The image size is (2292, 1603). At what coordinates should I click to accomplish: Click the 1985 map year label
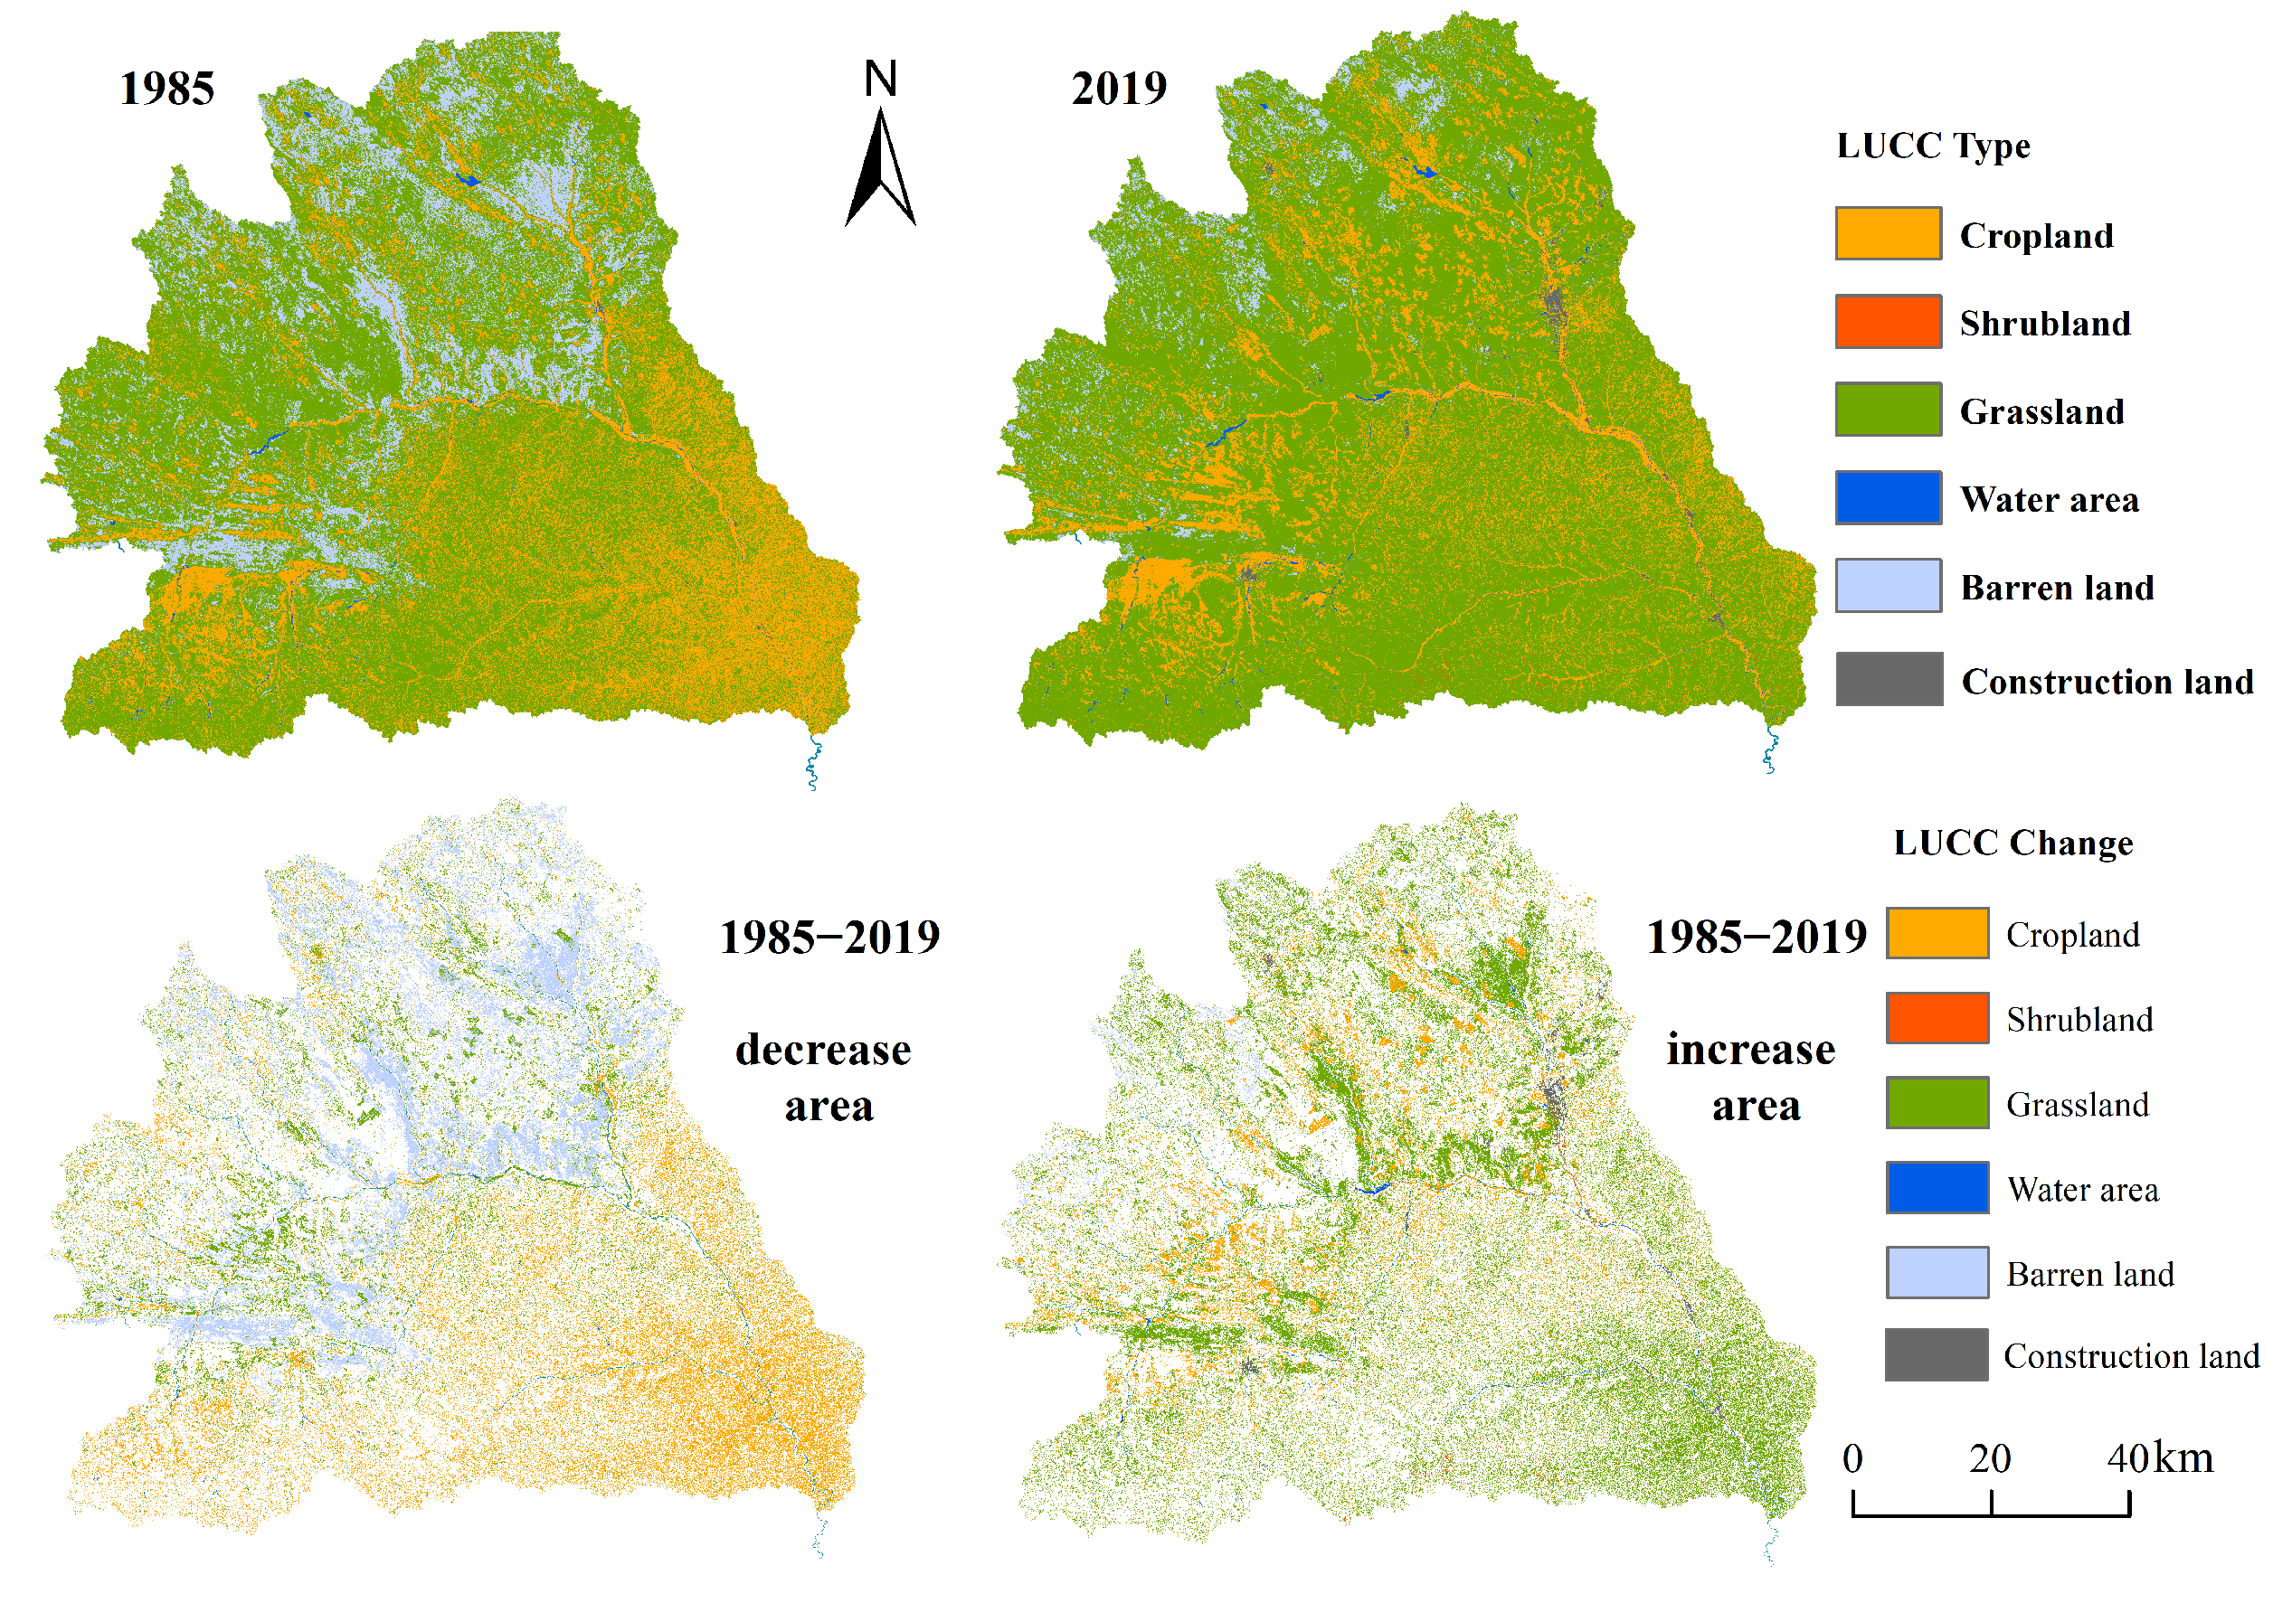(166, 89)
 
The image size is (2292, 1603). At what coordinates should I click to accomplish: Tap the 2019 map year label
(1119, 89)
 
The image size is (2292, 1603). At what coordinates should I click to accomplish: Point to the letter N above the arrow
(880, 79)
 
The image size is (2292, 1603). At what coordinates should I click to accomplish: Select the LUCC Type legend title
(1933, 146)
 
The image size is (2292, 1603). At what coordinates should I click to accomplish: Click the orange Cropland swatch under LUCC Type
(1888, 233)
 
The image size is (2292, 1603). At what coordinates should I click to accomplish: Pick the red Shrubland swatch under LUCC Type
(1888, 321)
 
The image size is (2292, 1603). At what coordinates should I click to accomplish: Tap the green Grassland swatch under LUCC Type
(1888, 410)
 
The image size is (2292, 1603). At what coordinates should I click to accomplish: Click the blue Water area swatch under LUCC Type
(1888, 497)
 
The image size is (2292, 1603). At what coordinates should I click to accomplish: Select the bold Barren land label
(2057, 587)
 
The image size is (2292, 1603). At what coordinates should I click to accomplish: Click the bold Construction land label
(2107, 681)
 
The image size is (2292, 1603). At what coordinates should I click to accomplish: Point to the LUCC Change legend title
(2013, 843)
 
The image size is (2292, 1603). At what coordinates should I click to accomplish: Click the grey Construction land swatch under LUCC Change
(1936, 1354)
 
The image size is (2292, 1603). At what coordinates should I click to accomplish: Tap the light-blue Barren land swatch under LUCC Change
(1937, 1271)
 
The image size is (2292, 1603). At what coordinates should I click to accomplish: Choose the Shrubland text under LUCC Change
(2079, 1019)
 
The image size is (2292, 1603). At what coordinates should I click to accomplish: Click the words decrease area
(825, 1077)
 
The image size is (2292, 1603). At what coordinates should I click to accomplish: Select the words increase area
(1752, 1077)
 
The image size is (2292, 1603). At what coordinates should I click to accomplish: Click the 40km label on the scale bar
(2159, 1458)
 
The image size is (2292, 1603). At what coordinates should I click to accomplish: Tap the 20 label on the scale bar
(1990, 1458)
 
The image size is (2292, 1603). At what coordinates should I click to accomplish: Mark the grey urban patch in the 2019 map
(1553, 305)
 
